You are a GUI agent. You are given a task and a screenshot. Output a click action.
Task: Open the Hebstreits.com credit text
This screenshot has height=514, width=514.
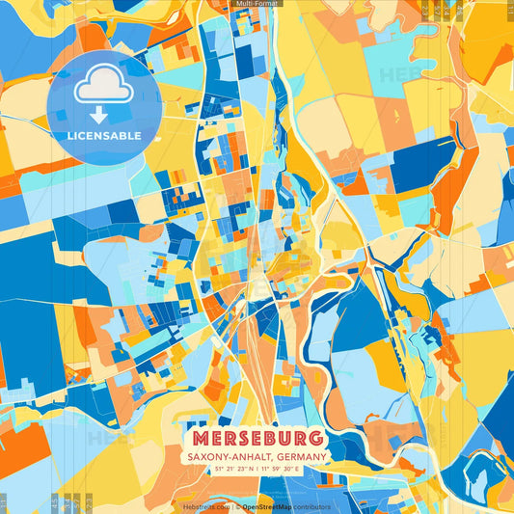206,506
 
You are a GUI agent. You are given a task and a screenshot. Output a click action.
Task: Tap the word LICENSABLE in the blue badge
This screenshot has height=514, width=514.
104,136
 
